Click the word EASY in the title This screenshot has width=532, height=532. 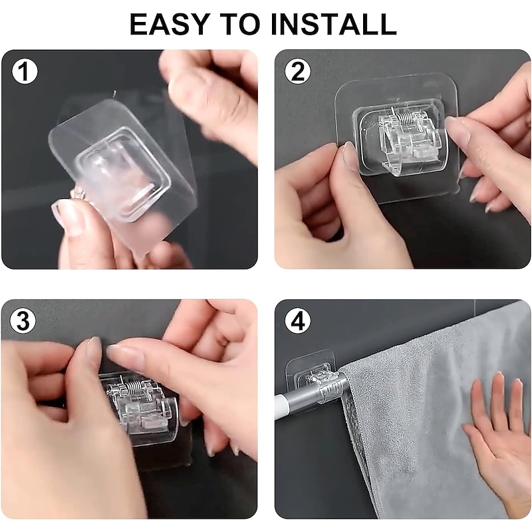170,24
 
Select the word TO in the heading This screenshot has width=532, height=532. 240,24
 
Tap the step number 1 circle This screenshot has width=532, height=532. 25,72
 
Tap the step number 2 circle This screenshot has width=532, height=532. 297,72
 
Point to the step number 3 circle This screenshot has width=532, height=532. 23,321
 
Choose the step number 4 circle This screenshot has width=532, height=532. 297,321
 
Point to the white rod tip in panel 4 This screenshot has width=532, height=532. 281,406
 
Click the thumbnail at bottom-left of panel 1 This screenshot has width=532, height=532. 69,217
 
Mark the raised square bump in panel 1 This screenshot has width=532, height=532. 123,174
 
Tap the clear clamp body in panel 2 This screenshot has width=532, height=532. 403,140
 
